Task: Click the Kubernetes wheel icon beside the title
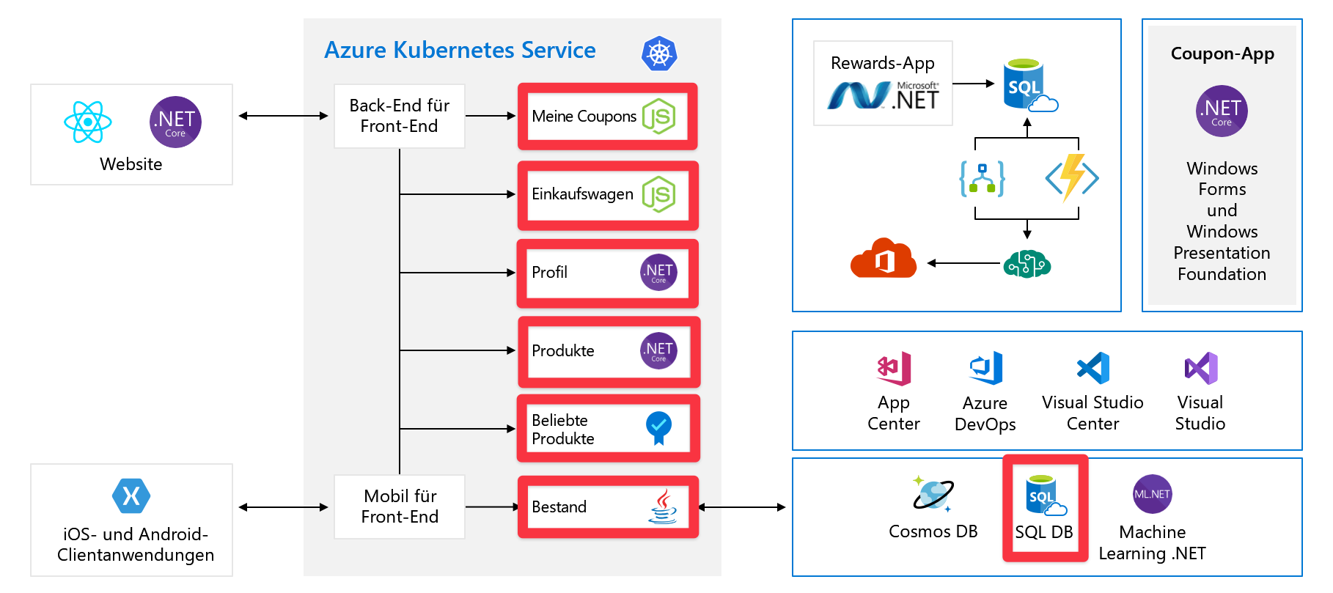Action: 659,54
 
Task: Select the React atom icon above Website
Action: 88,122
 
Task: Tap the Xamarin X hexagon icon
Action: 131,496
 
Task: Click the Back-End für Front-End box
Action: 400,116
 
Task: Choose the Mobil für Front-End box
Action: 400,507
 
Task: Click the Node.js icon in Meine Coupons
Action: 658,117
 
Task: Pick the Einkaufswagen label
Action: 582,194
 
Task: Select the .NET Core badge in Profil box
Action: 658,273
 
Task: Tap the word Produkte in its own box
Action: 562,351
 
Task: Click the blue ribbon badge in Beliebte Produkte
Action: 658,427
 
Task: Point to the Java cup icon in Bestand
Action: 662,507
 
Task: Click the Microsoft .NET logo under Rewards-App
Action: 883,96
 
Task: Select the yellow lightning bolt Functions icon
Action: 1072,177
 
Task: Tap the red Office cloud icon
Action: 884,259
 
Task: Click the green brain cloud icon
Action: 1027,263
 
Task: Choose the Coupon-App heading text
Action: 1222,54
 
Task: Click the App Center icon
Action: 894,368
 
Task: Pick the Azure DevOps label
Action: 985,413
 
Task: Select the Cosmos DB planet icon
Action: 932,493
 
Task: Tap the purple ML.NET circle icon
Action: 1152,494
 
